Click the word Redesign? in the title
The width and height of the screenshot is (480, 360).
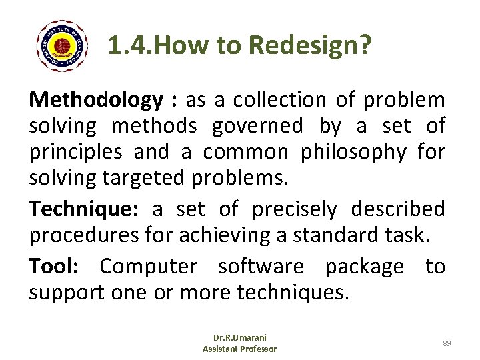coord(311,45)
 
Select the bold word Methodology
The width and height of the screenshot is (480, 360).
coord(96,100)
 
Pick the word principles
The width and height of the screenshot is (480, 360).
coord(75,153)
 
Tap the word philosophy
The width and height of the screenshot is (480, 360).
coord(353,153)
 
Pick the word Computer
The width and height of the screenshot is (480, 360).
coord(148,267)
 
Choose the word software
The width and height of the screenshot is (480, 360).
coord(261,267)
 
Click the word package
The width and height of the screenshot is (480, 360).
coord(364,267)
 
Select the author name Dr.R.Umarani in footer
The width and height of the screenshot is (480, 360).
coord(239,338)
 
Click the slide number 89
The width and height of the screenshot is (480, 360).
coord(447,343)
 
